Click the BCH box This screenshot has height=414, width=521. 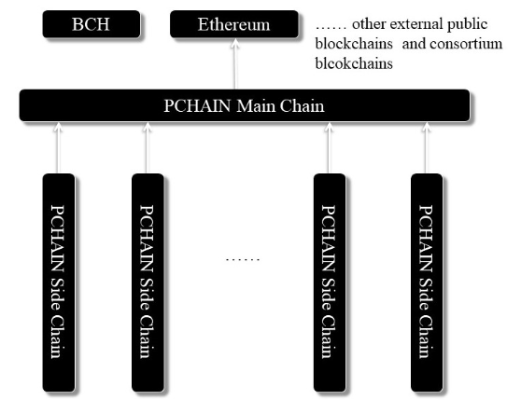tap(92, 24)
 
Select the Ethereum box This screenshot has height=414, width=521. tap(234, 24)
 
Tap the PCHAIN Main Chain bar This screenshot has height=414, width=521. tap(245, 105)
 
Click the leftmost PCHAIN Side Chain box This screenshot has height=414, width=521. tap(59, 283)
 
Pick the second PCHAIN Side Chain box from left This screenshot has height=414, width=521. tap(148, 283)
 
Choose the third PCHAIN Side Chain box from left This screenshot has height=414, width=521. tap(330, 283)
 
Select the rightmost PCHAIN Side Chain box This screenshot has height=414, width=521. tap(427, 283)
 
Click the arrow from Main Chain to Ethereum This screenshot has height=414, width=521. tap(235, 64)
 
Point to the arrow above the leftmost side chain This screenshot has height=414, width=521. tap(58, 148)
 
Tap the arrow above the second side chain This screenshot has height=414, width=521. tap(147, 148)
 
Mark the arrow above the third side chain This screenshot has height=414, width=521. tap(329, 148)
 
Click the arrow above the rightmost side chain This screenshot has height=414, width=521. tap(426, 148)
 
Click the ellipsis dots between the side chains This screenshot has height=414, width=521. tap(243, 259)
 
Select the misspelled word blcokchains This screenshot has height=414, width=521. tap(354, 63)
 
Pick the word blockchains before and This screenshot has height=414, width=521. tap(354, 44)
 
